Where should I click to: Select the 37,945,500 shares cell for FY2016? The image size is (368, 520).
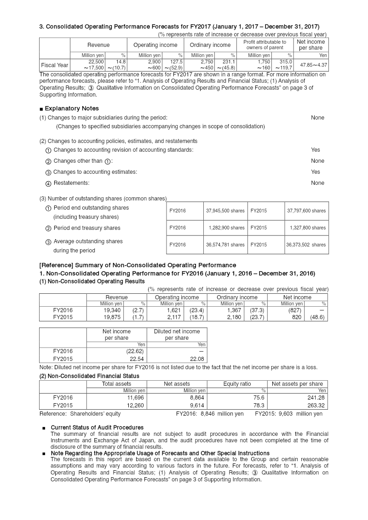coord(225,211)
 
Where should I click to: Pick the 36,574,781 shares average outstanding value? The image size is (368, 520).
coord(225,245)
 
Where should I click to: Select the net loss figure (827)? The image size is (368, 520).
coord(295,310)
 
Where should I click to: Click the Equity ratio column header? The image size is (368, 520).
coord(237,383)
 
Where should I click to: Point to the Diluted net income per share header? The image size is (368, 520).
coord(177,334)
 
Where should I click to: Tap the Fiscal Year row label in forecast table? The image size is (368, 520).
coord(55,65)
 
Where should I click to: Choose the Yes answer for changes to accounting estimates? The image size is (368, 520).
coord(315,172)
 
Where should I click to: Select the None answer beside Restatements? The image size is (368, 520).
coord(317,183)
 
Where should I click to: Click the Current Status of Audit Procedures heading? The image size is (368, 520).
coord(97,428)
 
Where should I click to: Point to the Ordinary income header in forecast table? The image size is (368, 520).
coord(210,45)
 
